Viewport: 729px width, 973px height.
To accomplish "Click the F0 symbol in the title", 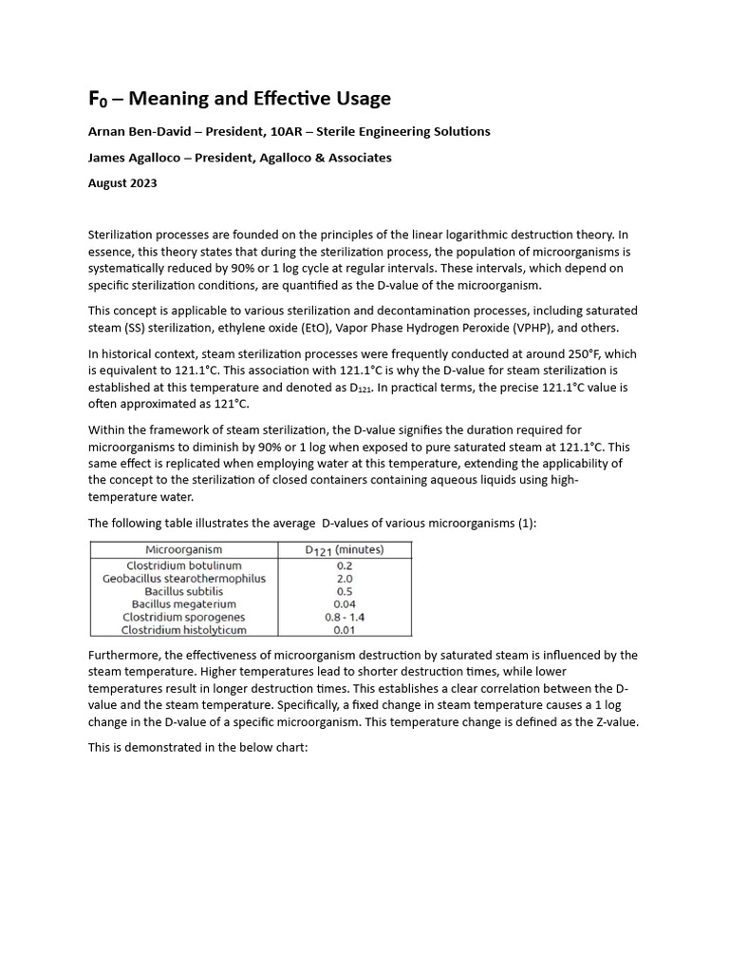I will point(98,99).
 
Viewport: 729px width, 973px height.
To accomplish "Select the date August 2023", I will point(122,183).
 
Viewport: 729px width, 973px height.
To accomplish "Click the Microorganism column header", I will point(184,549).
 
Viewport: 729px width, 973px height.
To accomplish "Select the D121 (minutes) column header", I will point(344,549).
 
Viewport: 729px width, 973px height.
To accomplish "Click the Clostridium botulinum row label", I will point(184,565).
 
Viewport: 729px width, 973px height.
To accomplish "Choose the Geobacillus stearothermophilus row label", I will point(184,578).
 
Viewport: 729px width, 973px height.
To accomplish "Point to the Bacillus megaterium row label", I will point(184,603).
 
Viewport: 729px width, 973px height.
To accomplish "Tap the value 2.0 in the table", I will point(345,578).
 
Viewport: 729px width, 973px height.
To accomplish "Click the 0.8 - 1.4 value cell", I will point(345,617).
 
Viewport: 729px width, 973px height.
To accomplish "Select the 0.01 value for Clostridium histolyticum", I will point(345,629).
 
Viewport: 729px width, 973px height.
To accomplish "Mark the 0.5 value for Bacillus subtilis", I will point(345,591).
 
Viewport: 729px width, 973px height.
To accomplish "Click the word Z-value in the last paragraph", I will point(610,721).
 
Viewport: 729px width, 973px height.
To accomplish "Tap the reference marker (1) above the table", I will point(527,523).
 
